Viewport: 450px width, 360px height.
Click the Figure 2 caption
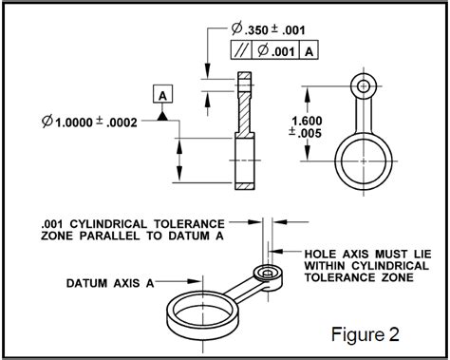click(366, 334)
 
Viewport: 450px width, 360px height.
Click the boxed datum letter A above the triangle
click(162, 94)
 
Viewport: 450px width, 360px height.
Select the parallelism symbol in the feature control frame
click(241, 50)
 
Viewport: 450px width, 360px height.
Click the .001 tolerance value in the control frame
click(276, 50)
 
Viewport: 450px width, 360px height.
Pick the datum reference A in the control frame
click(309, 51)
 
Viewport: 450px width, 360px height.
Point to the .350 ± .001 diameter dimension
click(269, 29)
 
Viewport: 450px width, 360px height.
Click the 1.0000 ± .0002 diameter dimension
click(90, 122)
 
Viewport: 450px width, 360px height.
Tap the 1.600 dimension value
click(307, 121)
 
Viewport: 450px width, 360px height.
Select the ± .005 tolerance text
click(305, 133)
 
